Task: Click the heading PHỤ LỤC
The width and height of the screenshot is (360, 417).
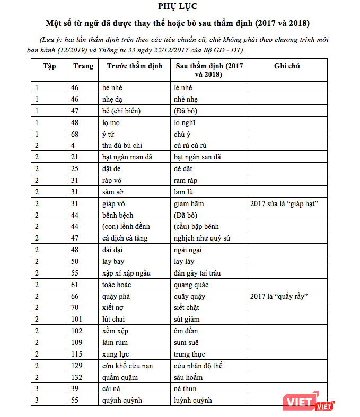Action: point(178,6)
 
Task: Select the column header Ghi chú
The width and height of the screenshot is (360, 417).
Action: point(287,66)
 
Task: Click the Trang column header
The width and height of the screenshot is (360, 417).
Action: point(83,66)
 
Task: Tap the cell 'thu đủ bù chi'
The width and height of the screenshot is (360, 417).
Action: point(122,145)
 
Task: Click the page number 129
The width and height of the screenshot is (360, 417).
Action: point(77,366)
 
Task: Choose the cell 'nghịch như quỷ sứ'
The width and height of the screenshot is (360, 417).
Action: point(202,238)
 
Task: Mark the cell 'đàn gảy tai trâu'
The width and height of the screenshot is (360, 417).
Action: point(197,273)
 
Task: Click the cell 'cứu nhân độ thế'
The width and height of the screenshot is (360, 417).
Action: point(198,366)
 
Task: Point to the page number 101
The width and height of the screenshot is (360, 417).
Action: point(77,320)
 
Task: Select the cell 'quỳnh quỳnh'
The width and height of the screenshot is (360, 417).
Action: point(122,401)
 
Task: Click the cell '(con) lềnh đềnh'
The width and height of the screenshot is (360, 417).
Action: point(126,227)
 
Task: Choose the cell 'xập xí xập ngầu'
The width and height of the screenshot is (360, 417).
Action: point(127,273)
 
